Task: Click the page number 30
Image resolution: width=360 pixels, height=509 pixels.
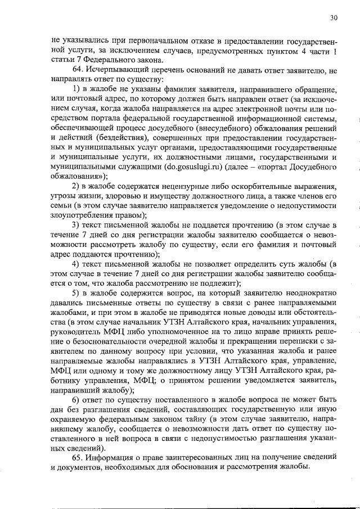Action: [x=334, y=18]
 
